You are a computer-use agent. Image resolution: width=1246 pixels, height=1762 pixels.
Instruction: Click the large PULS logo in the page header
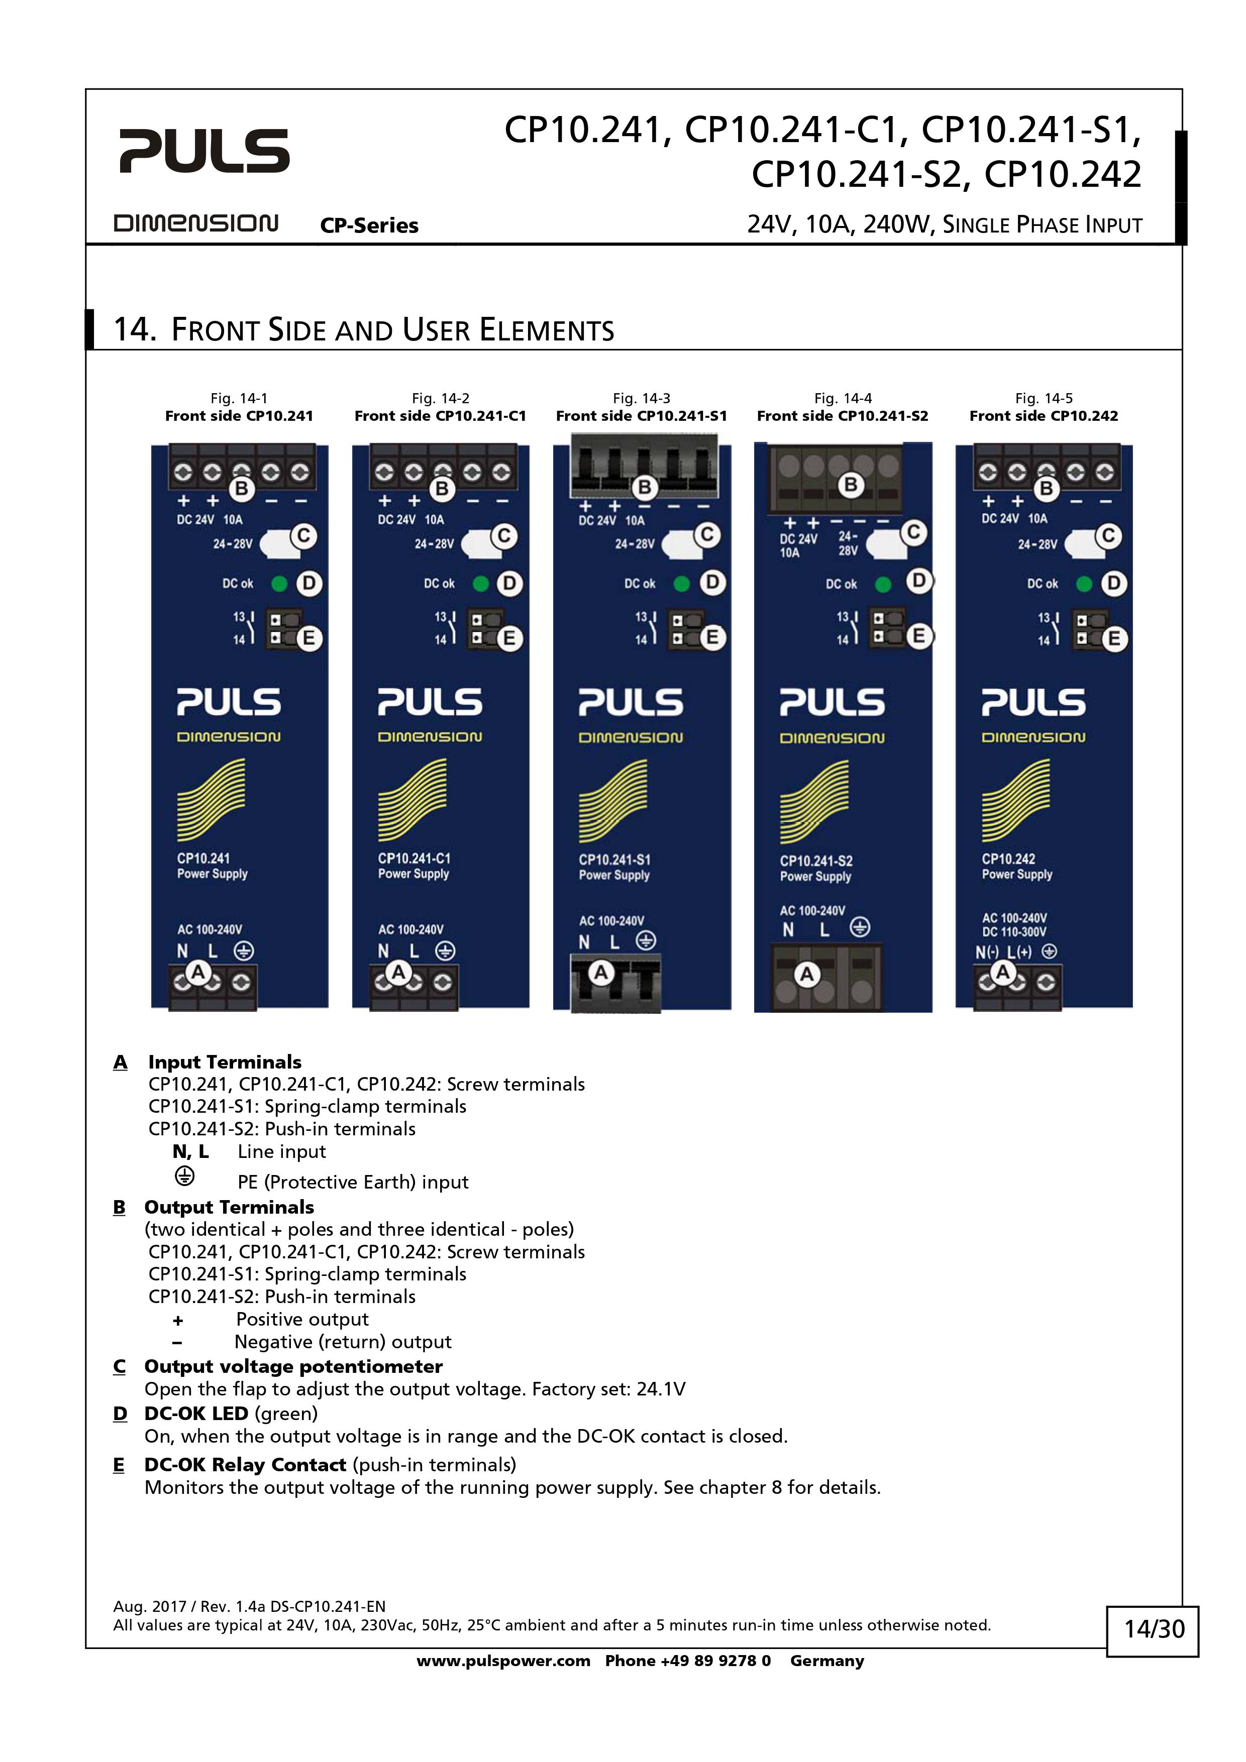[204, 151]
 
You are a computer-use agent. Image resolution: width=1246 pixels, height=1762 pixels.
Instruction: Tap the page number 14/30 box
[1153, 1628]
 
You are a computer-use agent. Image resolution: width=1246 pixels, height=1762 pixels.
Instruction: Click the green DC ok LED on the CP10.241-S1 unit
[681, 583]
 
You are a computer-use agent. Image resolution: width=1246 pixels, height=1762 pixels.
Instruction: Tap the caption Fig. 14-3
[641, 398]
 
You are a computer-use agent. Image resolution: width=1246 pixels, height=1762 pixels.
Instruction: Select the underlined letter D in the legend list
[120, 1414]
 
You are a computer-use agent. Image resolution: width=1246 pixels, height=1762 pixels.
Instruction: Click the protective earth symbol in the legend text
[184, 1176]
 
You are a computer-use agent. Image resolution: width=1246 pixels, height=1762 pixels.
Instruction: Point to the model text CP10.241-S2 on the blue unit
[816, 861]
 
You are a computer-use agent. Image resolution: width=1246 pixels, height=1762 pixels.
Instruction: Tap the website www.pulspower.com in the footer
[503, 1661]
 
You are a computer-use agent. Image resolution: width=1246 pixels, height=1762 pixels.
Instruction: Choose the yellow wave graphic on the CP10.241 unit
[211, 799]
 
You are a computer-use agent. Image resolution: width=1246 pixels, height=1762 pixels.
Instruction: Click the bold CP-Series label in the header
[369, 225]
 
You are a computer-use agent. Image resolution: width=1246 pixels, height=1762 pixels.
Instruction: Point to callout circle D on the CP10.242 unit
[1113, 584]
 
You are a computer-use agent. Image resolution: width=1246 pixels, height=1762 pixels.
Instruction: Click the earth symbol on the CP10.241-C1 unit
[445, 951]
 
